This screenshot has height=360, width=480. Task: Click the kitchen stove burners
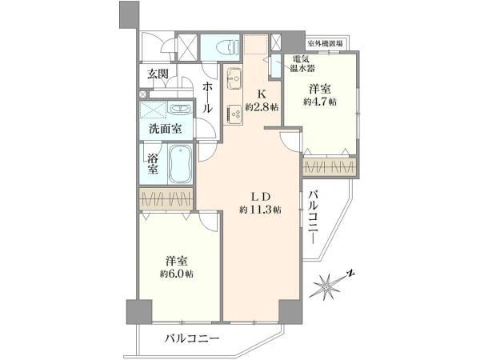(235, 115)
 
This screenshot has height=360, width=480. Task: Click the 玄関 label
(157, 74)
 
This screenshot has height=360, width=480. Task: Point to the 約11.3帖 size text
(259, 210)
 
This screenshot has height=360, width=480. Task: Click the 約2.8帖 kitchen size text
(262, 106)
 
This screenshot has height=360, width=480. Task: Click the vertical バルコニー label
(314, 216)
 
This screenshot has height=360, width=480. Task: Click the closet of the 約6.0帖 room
(165, 199)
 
